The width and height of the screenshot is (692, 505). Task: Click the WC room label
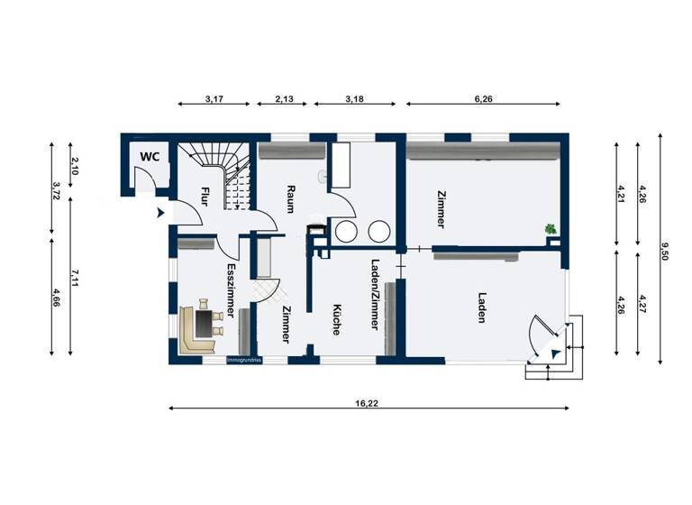(150, 156)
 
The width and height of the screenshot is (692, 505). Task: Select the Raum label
(291, 198)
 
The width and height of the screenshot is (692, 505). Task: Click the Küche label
(334, 318)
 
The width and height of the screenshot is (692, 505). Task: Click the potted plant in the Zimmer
(549, 230)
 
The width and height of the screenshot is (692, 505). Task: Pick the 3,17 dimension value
(214, 99)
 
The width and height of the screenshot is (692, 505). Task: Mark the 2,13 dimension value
(277, 99)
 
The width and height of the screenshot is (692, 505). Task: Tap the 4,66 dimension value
(56, 298)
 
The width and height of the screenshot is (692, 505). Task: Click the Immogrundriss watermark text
(243, 361)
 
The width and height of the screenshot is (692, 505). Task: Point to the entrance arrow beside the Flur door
(159, 213)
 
